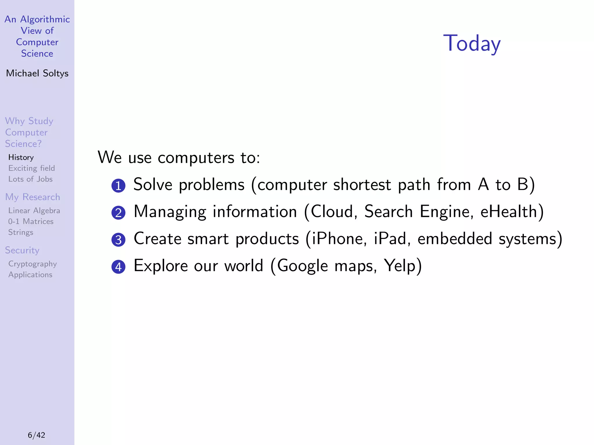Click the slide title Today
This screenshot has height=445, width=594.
[472, 43]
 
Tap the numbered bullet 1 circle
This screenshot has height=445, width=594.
[118, 186]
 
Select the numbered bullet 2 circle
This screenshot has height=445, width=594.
[118, 213]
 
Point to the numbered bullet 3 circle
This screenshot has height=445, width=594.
[118, 240]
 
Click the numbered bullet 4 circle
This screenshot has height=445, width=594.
[118, 267]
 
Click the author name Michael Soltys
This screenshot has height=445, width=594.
[37, 73]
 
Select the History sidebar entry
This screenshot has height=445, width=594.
[21, 157]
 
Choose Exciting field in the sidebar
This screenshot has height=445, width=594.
[31, 168]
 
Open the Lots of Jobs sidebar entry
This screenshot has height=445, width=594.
[30, 179]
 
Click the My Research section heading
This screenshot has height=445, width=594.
[32, 197]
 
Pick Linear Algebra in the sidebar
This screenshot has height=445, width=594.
[34, 211]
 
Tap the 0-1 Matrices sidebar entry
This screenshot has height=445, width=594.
[31, 222]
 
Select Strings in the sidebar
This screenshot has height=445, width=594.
[21, 232]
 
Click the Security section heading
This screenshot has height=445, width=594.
[22, 250]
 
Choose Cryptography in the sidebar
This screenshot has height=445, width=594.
[32, 264]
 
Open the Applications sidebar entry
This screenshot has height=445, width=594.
[30, 275]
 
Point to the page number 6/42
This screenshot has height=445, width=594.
[37, 435]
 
